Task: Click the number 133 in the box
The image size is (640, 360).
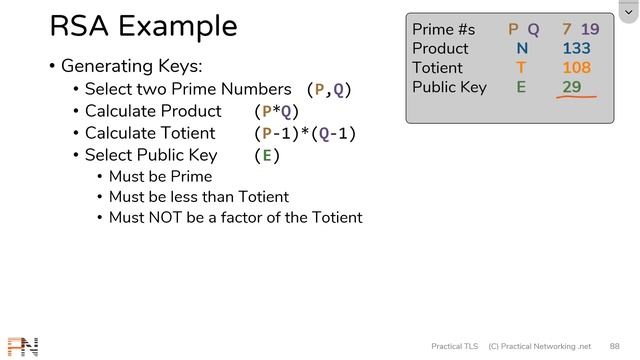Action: (576, 48)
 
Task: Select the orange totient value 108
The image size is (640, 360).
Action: (576, 68)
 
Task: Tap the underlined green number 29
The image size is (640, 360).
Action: (572, 87)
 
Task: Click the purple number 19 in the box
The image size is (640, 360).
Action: (589, 29)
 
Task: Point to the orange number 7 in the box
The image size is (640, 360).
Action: (566, 29)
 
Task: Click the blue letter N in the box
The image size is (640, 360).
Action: (522, 48)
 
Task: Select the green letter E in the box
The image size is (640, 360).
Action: (521, 87)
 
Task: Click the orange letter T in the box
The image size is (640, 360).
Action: (521, 68)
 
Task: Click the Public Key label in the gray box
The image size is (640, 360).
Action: (449, 87)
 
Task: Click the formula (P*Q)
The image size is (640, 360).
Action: (277, 111)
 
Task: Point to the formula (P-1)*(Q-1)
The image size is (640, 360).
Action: (305, 133)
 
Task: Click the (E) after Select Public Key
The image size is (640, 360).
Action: (267, 155)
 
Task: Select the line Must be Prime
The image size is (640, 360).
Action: (160, 177)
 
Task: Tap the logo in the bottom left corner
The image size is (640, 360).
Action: (22, 346)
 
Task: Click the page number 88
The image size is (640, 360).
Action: (614, 346)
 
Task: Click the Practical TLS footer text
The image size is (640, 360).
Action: (454, 346)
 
